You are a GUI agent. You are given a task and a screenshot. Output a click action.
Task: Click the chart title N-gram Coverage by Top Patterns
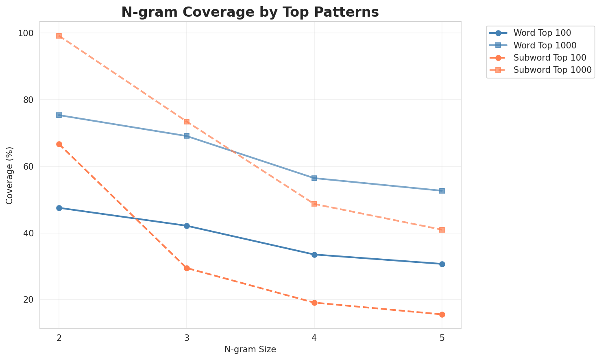point(250,12)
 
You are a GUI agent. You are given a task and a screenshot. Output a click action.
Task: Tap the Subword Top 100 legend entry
point(544,57)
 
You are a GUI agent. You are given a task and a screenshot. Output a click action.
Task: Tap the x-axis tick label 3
point(187,338)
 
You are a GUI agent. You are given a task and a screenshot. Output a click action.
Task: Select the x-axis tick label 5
point(442,338)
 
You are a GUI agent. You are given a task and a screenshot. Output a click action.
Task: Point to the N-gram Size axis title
point(250,349)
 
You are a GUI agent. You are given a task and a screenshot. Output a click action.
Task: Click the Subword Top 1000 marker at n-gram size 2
point(59,36)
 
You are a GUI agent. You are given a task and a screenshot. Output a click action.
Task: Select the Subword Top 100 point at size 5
point(442,314)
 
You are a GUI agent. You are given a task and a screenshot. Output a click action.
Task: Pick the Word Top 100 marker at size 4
point(314,255)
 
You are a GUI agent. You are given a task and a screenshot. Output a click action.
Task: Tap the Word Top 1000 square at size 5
point(442,191)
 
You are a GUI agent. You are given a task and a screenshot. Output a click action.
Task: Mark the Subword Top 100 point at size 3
point(187,268)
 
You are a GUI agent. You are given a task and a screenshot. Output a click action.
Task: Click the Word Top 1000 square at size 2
point(59,115)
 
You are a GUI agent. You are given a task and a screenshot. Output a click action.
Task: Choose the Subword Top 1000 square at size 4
point(314,204)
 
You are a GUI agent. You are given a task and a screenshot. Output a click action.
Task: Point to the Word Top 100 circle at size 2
point(59,208)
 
